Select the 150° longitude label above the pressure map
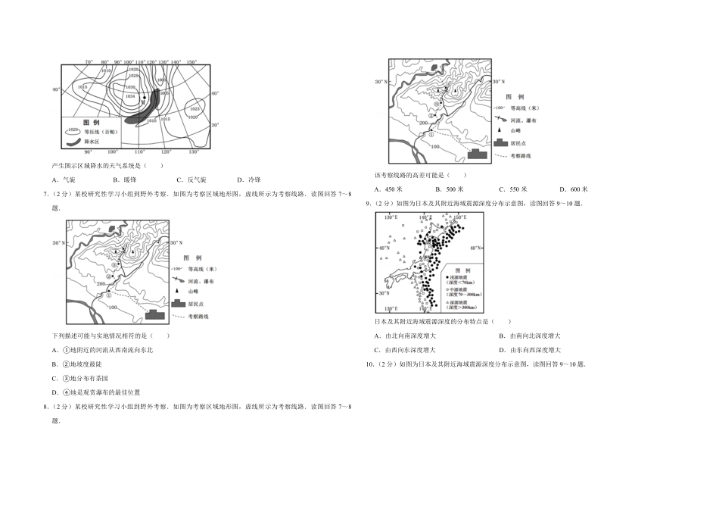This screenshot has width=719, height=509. [191, 62]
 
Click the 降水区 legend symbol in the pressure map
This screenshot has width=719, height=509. [73, 142]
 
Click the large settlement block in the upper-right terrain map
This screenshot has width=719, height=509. [478, 153]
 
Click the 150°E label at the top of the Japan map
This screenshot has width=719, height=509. [459, 217]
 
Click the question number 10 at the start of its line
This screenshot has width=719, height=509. [370, 364]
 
